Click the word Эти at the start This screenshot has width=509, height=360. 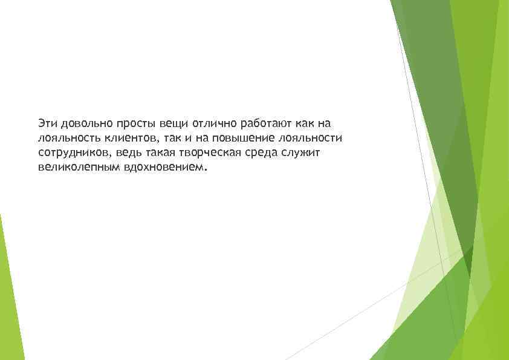[45, 123]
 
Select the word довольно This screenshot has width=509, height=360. [82, 123]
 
